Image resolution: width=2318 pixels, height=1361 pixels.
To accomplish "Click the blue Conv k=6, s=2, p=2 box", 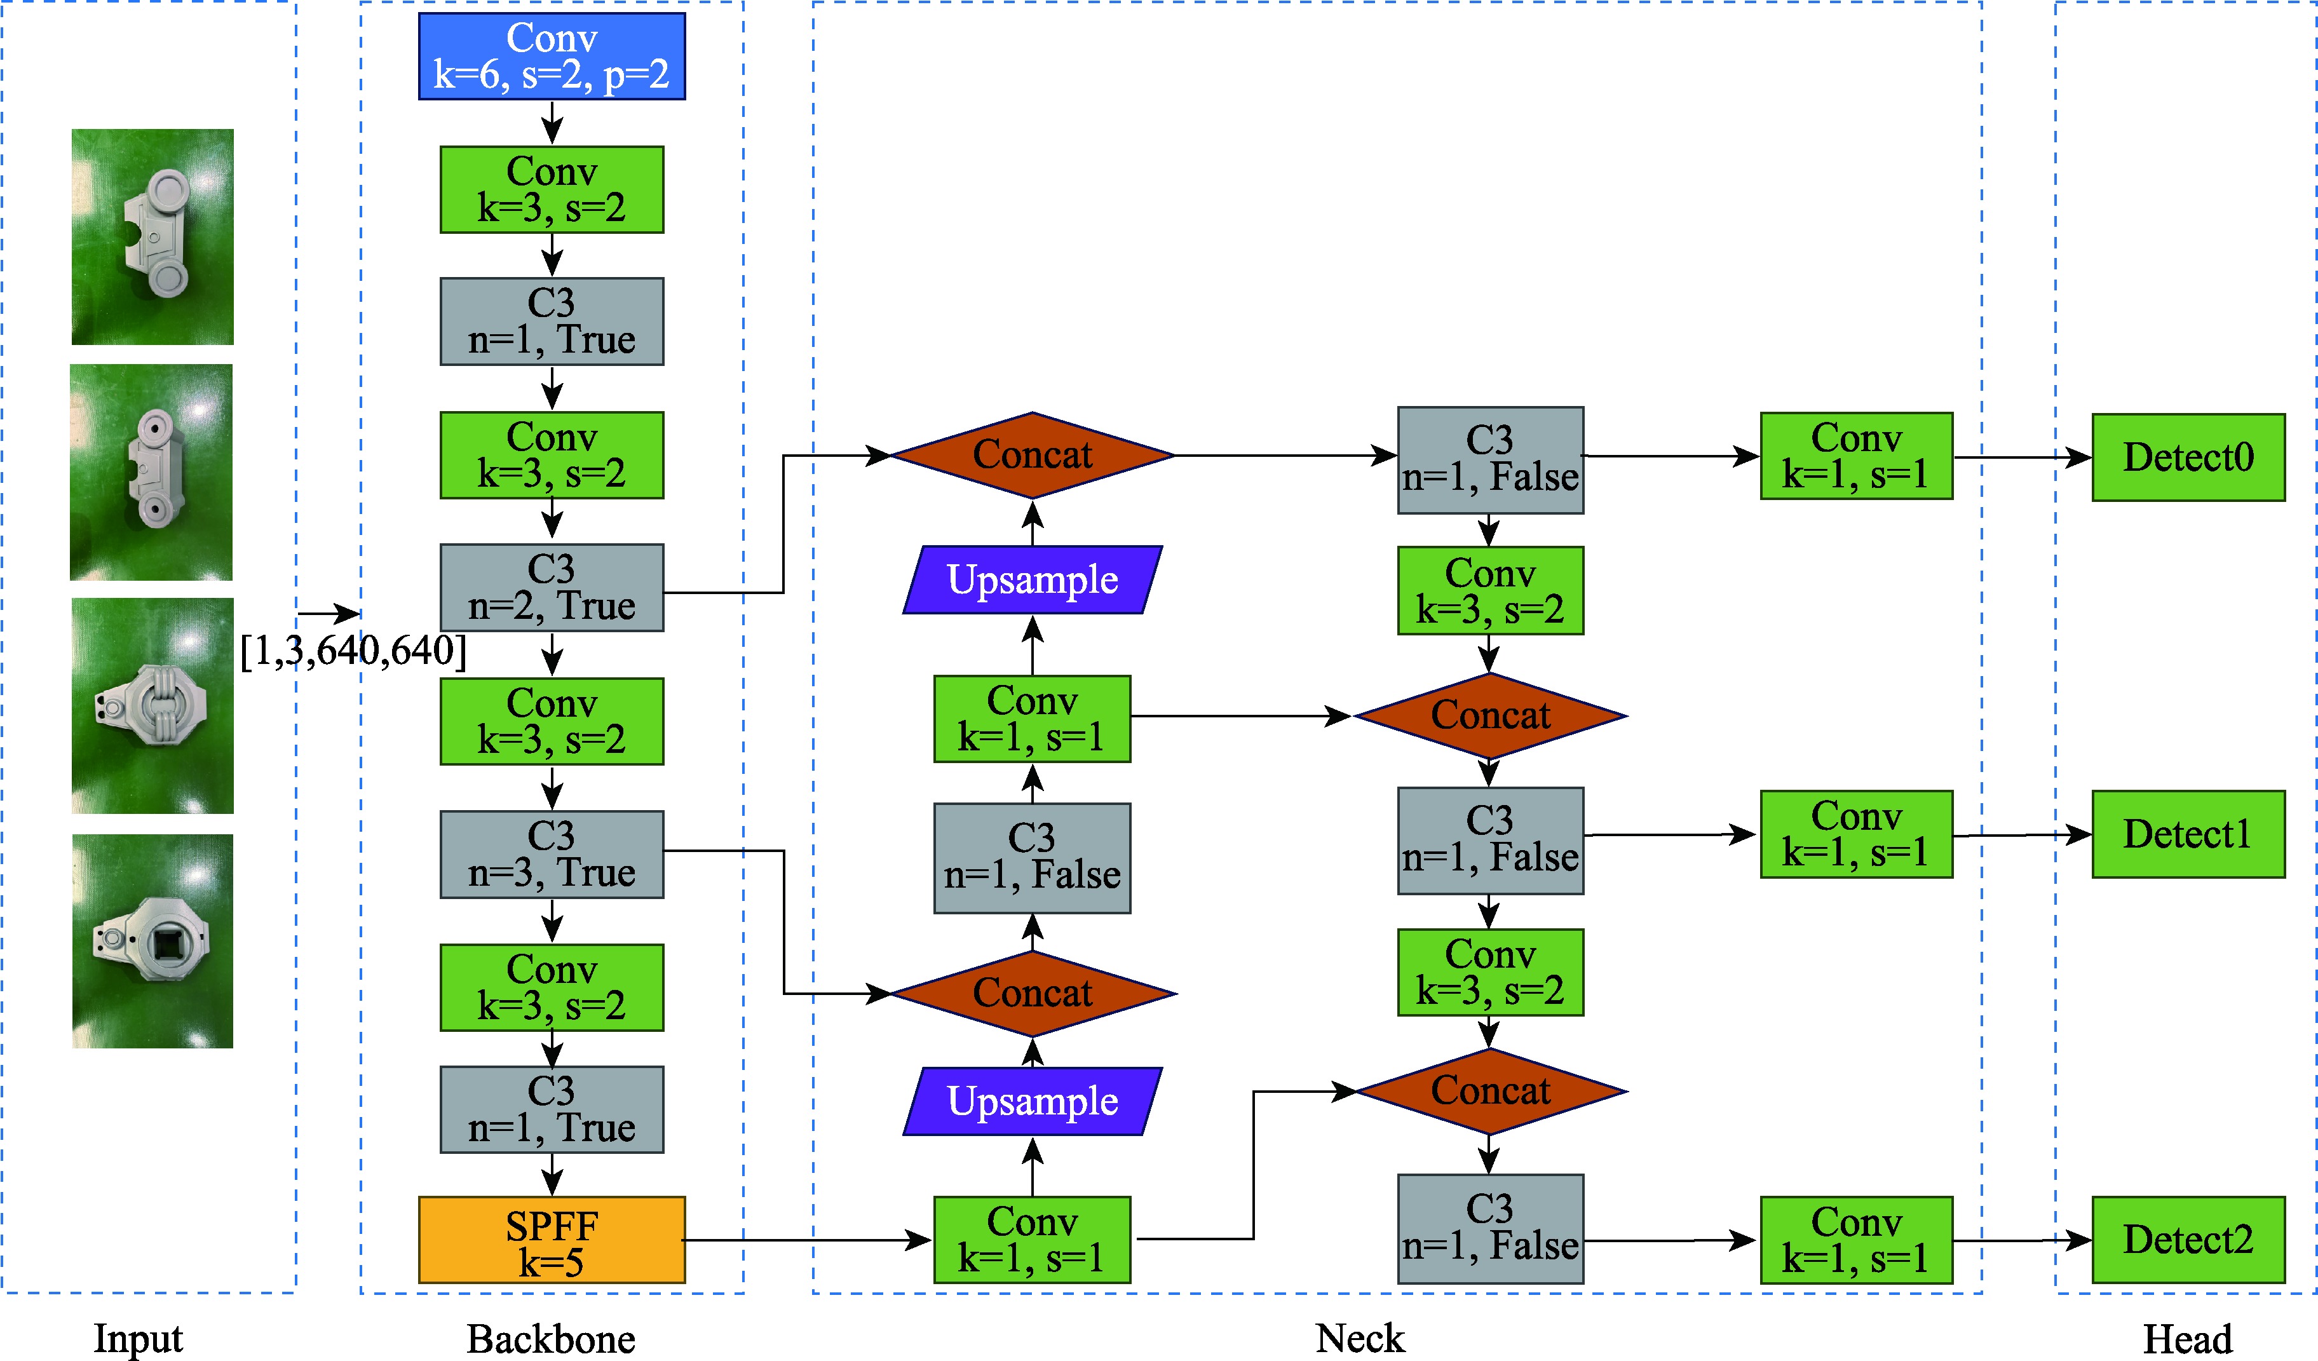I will point(552,56).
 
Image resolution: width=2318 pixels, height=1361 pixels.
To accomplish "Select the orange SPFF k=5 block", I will point(552,1240).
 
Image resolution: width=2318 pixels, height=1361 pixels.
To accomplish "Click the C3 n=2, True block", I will point(552,588).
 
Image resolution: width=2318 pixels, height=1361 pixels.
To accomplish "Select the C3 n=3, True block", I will point(552,855).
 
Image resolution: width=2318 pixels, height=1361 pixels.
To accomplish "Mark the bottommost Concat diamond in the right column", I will point(1490,1092).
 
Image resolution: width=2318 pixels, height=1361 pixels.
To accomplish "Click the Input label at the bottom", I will point(138,1338).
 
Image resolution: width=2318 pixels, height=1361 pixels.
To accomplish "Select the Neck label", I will point(1360,1338).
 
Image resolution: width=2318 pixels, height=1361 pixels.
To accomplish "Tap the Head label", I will point(2187,1339).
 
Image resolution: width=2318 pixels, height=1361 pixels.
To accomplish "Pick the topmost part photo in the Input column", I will point(152,236).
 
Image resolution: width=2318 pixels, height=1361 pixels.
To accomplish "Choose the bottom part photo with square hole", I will point(152,941).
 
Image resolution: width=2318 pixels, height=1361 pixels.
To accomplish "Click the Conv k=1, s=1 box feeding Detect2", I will point(1855,1240).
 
